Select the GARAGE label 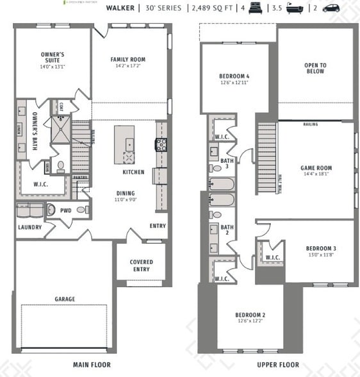tap(64, 299)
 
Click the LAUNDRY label tap(29, 227)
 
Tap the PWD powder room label tap(66, 210)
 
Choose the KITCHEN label tap(133, 172)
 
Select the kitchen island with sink tap(126, 147)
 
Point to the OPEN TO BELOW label tap(315, 68)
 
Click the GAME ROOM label tap(316, 168)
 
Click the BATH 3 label tap(226, 163)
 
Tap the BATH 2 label tap(226, 230)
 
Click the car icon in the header tap(331, 8)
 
